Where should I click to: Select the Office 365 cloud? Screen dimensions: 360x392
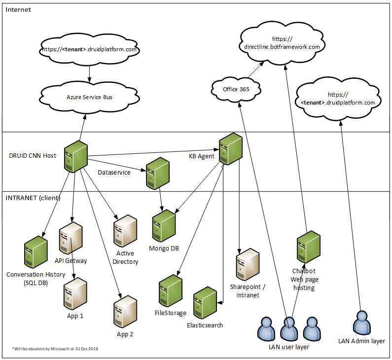[x=236, y=89]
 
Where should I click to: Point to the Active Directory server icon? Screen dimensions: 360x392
[x=125, y=231]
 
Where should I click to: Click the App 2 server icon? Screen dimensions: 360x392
[x=125, y=310]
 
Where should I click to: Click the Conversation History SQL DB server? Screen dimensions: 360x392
[x=36, y=252]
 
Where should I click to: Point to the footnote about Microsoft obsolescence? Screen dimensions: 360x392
[x=55, y=349]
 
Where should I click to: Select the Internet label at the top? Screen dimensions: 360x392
[x=18, y=9]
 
